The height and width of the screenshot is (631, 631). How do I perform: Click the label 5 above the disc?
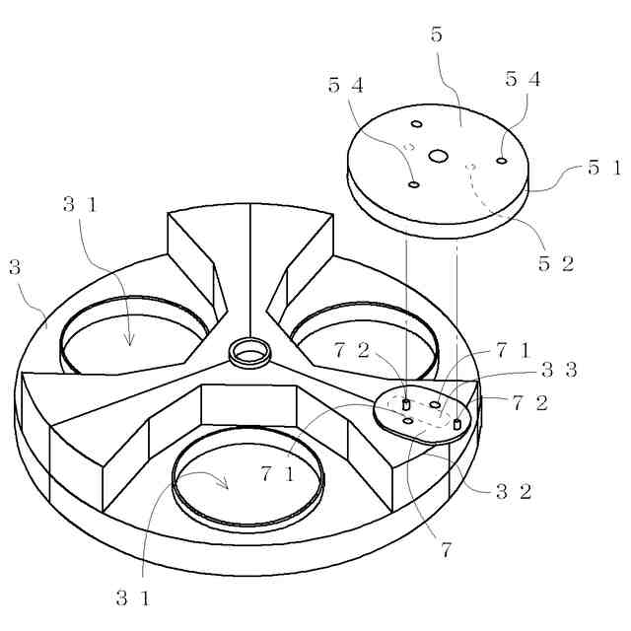click(437, 35)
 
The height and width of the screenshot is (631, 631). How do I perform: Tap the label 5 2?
click(555, 263)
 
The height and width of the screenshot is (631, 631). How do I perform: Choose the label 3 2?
click(514, 491)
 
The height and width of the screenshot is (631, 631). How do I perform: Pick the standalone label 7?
click(447, 550)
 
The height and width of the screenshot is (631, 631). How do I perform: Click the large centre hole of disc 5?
click(438, 155)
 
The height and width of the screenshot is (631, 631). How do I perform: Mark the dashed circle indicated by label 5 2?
click(471, 166)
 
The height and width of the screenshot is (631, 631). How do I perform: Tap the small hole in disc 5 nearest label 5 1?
click(502, 160)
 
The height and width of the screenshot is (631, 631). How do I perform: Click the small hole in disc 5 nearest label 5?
click(417, 123)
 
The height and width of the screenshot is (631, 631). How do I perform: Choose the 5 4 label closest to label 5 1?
click(523, 80)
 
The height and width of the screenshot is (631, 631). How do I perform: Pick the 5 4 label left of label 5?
click(346, 86)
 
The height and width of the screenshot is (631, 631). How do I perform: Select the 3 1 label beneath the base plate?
click(134, 596)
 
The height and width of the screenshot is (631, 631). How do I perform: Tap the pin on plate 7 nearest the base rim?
click(456, 424)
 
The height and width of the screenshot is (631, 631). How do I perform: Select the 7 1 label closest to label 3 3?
click(514, 349)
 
